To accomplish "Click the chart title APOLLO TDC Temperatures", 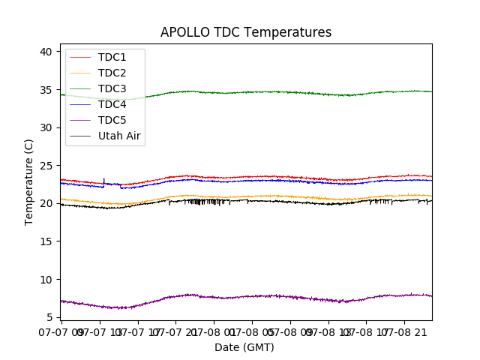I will pos(245,33).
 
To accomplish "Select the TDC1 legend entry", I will pos(112,58).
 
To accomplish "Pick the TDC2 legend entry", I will pos(112,73).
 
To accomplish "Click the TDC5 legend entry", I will pos(112,121).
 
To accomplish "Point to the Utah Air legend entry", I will pos(119,136).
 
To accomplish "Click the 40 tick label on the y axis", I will pos(46,52).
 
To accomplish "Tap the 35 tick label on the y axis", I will pos(46,90).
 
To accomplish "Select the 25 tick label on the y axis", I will pos(46,166).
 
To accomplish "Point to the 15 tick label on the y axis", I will pos(46,241).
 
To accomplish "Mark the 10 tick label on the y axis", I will pos(46,280).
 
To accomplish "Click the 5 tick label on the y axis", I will pos(49,317).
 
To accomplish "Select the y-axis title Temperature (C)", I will pos(29,181).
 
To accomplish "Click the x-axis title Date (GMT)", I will pos(244,347).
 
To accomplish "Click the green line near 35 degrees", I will pos(262,91).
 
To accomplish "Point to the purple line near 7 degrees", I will pos(262,296).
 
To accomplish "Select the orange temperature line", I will pos(262,196).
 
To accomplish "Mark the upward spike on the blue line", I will pos(103,180).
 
